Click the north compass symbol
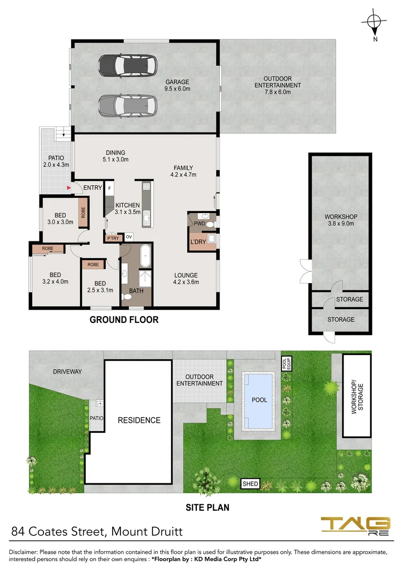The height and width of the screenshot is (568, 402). (x=374, y=23)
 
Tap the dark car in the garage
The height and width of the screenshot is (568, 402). (x=127, y=66)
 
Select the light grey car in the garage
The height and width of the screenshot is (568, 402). (x=127, y=105)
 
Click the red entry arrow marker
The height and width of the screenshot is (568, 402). (x=68, y=187)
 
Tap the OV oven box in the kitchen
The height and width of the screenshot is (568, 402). (x=128, y=237)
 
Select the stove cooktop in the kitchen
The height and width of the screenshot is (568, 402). (x=146, y=186)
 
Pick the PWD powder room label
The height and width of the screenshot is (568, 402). (x=199, y=224)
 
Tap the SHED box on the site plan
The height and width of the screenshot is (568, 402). (x=250, y=483)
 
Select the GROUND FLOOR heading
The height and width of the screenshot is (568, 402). (x=124, y=319)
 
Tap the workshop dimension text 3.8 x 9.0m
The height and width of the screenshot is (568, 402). (x=340, y=224)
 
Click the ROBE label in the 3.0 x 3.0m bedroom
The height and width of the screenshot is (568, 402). (x=83, y=212)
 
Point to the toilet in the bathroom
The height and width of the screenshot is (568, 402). (x=126, y=297)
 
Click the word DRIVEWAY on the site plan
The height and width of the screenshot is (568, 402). (x=67, y=371)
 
